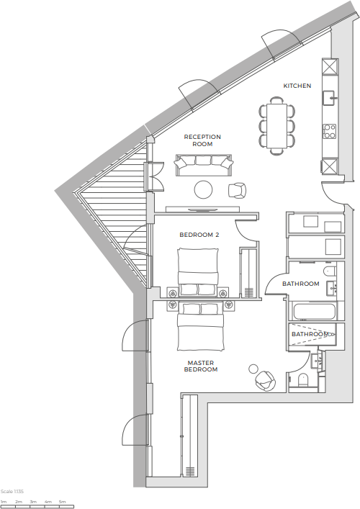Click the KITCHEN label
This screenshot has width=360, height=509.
click(297, 86)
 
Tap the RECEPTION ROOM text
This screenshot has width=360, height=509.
click(202, 140)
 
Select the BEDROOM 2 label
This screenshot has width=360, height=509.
click(199, 235)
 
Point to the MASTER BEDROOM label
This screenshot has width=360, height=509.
click(202, 366)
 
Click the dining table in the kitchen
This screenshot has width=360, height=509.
click(277, 127)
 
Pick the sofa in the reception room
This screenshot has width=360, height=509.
click(204, 166)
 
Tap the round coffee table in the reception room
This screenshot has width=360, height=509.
click(204, 190)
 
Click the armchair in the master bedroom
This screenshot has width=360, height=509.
click(264, 381)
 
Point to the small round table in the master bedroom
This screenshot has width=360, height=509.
click(253, 369)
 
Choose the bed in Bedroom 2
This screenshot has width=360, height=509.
click(198, 271)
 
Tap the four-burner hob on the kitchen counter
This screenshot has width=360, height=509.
click(330, 131)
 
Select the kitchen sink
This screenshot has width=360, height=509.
click(330, 98)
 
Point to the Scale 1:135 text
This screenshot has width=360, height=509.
click(13, 490)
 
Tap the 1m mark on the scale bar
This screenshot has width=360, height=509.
click(4, 501)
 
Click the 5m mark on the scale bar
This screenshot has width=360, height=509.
click(63, 501)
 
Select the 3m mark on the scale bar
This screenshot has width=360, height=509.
click(33, 501)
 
